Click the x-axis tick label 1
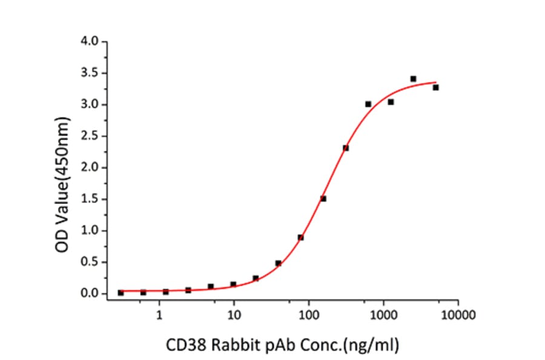pyautogui.click(x=159, y=315)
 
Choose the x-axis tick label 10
pyautogui.click(x=234, y=315)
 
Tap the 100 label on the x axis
pyautogui.click(x=308, y=315)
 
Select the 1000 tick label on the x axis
pyautogui.click(x=383, y=315)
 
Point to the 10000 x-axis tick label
pyautogui.click(x=458, y=315)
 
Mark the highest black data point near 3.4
pyautogui.click(x=413, y=79)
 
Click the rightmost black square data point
pyautogui.click(x=435, y=87)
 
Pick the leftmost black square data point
pyautogui.click(x=121, y=293)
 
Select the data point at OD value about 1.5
pyautogui.click(x=323, y=199)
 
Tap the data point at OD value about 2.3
pyautogui.click(x=346, y=148)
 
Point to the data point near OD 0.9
pyautogui.click(x=300, y=238)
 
